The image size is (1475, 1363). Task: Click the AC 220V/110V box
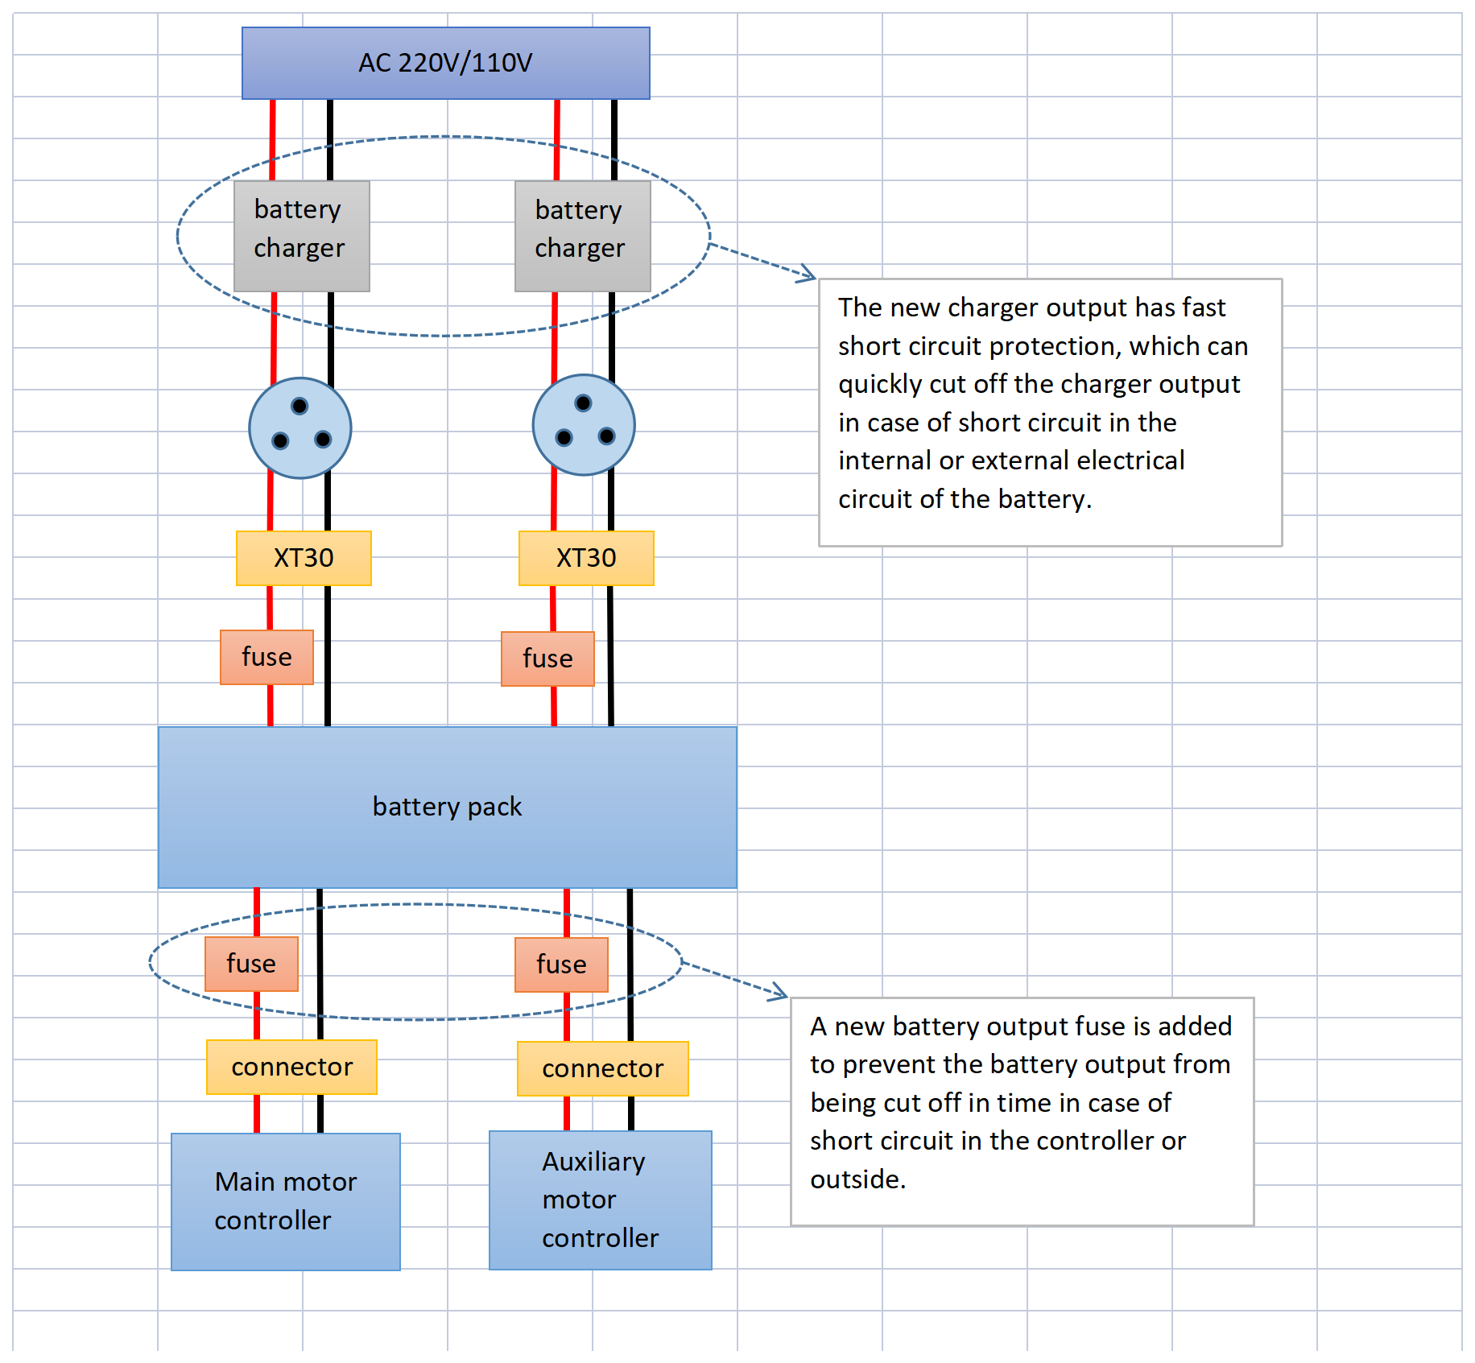click(x=445, y=63)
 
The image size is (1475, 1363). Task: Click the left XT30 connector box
click(x=304, y=557)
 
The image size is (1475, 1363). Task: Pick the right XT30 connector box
click(x=586, y=557)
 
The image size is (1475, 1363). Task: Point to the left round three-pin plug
click(x=300, y=427)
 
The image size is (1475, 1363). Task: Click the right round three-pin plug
click(x=584, y=424)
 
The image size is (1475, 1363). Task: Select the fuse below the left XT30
click(x=266, y=657)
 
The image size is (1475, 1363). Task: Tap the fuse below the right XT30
click(x=547, y=659)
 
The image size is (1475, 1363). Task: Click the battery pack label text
click(x=447, y=807)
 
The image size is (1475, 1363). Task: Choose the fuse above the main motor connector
click(x=251, y=964)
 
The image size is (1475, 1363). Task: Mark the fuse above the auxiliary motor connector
click(x=561, y=964)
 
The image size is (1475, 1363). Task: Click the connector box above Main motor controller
click(x=291, y=1067)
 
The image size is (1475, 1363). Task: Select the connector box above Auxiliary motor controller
click(x=602, y=1068)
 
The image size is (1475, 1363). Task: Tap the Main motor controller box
click(x=285, y=1201)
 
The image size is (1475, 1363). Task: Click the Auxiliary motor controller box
click(x=600, y=1200)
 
